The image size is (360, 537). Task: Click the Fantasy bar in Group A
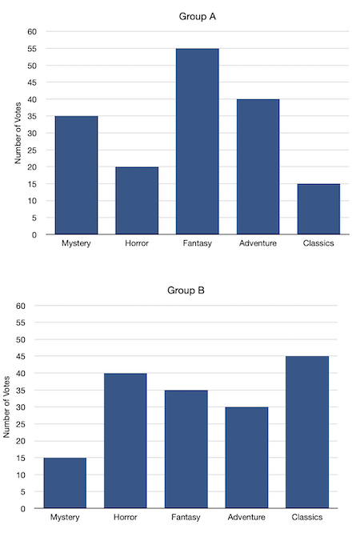pos(198,142)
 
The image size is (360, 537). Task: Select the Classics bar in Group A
pos(319,209)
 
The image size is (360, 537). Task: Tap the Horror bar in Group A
pos(137,201)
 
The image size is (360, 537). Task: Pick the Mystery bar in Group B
pos(65,483)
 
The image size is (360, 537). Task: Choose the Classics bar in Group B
pos(307,432)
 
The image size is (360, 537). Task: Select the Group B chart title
pos(186,290)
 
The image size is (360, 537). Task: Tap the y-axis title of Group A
pos(18,133)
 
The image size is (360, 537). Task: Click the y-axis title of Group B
pos(7,407)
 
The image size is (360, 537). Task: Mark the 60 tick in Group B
pos(22,306)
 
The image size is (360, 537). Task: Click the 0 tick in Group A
pos(34,234)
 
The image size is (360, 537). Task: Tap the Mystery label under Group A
pos(76,244)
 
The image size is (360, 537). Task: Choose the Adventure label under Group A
pos(258,244)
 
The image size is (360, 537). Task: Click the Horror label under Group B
pos(126,518)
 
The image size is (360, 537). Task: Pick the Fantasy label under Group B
pos(186,518)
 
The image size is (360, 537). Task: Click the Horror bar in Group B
pos(126,440)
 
